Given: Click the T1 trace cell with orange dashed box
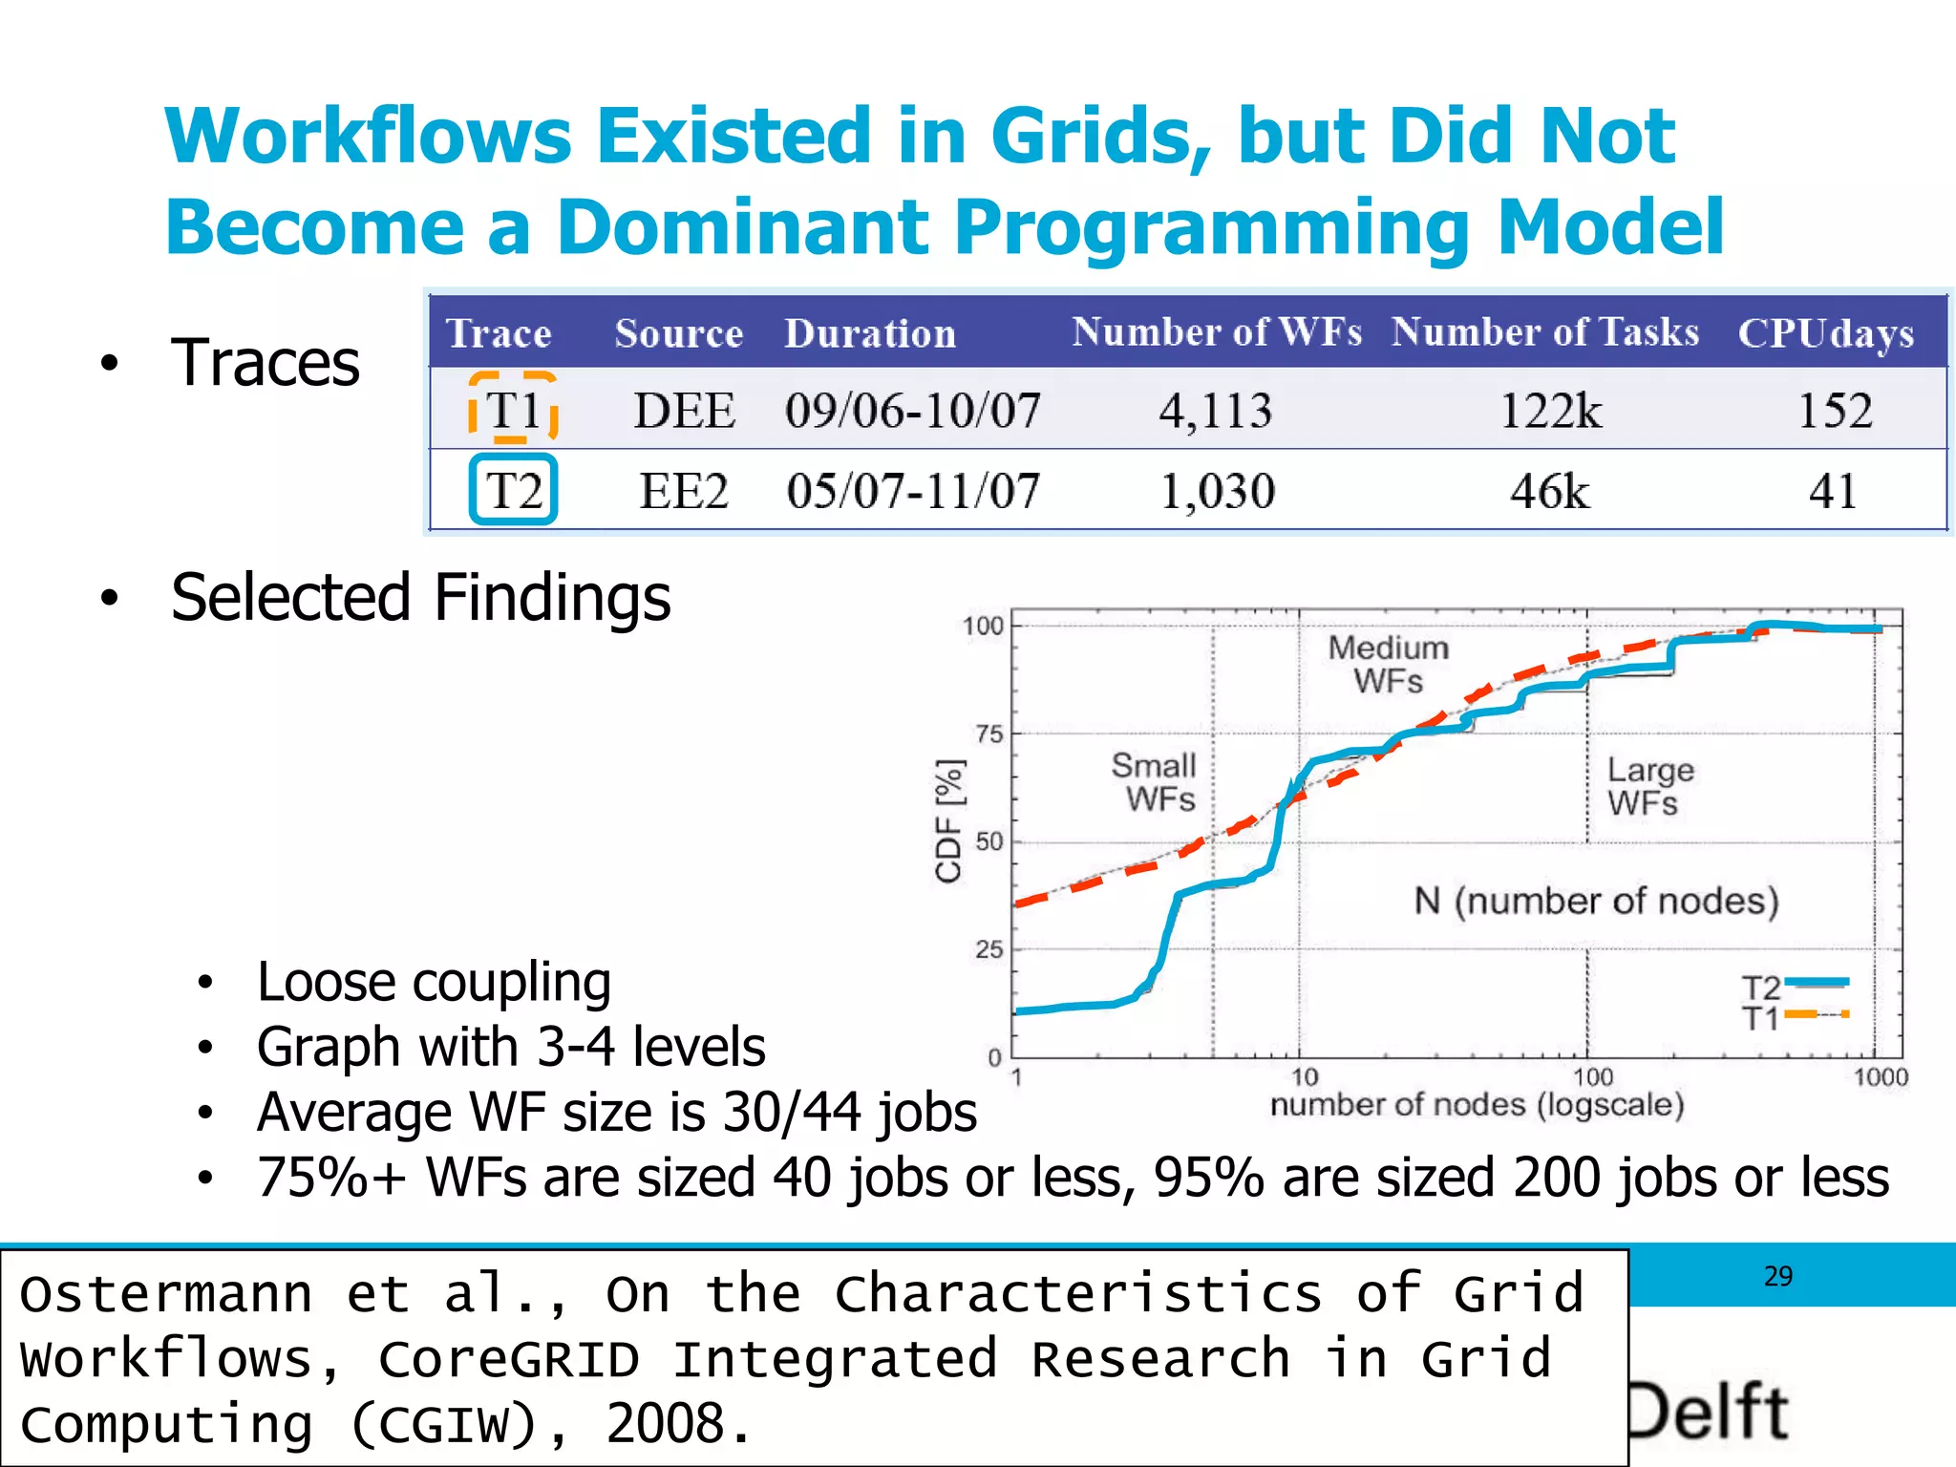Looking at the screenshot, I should click(513, 410).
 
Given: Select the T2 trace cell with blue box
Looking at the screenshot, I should click(513, 490).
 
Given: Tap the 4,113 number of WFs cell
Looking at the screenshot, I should click(1215, 411).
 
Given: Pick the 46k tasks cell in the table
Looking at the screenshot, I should click(1549, 492).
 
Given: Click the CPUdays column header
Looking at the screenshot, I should click(1825, 333).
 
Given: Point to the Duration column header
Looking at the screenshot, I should click(869, 333).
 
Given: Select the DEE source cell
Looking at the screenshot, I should click(684, 411).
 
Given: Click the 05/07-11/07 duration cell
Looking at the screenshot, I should click(912, 491).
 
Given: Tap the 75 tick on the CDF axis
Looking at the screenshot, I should click(989, 734).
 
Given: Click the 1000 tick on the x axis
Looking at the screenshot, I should click(1880, 1078).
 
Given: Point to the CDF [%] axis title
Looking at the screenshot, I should click(948, 821).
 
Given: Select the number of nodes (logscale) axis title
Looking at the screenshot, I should click(1477, 1105).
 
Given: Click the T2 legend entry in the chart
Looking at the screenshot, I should click(1794, 985).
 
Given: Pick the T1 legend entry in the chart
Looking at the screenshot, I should click(1794, 1016).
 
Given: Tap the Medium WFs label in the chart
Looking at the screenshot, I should click(1388, 665).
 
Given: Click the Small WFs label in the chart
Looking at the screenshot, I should click(1154, 781).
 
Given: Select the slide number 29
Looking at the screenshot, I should click(1777, 1277).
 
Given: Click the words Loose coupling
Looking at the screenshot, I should click(434, 982).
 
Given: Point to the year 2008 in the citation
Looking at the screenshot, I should click(665, 1424).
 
